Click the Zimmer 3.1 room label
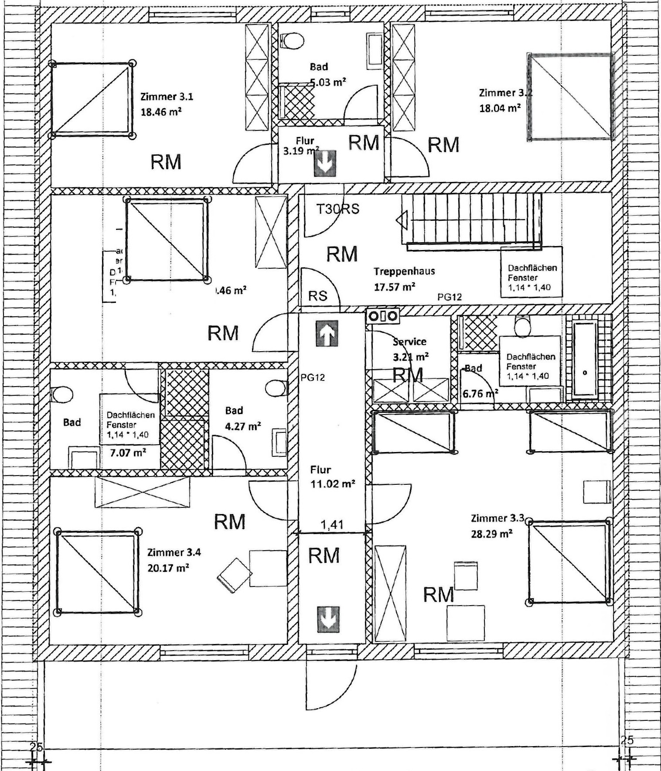coord(166,96)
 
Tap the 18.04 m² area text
coord(500,108)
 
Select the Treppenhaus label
coord(404,271)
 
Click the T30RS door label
coord(337,209)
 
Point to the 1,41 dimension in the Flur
coord(332,524)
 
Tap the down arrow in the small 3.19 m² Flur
coord(325,164)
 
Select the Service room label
coord(409,342)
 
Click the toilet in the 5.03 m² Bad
coord(292,41)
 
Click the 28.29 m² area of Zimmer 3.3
coord(491,534)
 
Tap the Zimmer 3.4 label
coord(174,552)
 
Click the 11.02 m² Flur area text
coord(332,483)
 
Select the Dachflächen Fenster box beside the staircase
coord(531,272)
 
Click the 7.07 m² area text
coord(128,452)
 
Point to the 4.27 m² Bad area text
coord(243,426)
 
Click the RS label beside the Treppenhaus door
coord(317,296)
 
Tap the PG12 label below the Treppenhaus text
coord(449,297)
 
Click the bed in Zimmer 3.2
coord(570,97)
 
